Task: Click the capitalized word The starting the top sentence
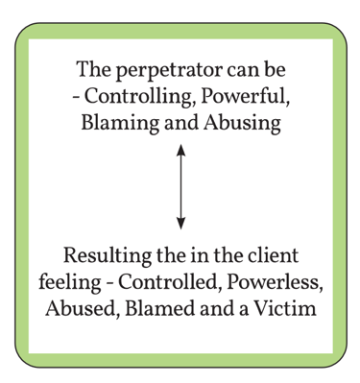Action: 92,72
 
